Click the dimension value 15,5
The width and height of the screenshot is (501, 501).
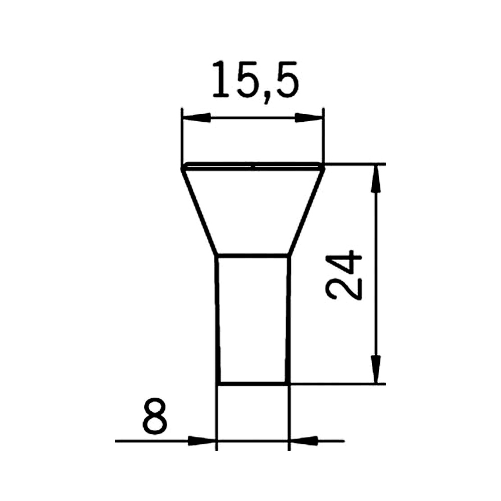(255, 80)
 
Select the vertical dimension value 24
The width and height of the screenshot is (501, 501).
(344, 276)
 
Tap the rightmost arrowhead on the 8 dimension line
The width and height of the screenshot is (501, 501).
(304, 441)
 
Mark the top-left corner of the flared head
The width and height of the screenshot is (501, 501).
(182, 167)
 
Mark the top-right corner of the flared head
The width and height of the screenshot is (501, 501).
(324, 167)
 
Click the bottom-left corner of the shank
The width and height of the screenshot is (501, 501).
(218, 384)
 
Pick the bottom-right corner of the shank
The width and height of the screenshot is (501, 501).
(289, 384)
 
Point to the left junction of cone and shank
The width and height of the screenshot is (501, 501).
(216, 256)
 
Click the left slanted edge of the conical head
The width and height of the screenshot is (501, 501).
(199, 211)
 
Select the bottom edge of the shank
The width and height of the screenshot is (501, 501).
(254, 384)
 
